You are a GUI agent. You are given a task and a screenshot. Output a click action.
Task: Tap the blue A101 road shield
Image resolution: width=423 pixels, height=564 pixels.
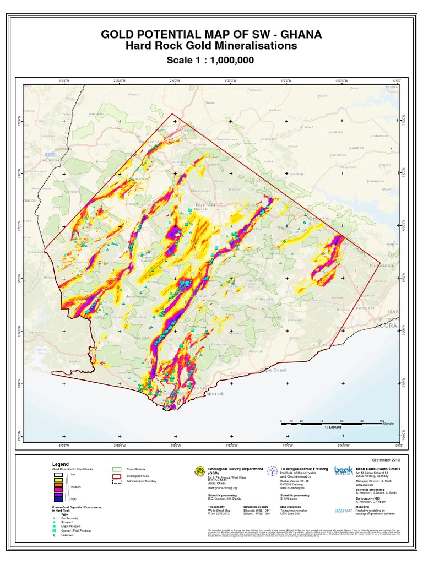click(x=51, y=156)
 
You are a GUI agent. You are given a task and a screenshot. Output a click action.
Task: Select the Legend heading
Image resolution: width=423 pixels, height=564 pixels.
click(x=61, y=464)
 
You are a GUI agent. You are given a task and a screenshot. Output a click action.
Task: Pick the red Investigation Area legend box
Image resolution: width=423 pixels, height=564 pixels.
click(x=116, y=475)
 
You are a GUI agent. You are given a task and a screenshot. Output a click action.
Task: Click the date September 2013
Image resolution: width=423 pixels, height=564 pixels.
click(x=384, y=459)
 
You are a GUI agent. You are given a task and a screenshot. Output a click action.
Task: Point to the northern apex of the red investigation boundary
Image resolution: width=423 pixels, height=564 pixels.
click(x=172, y=114)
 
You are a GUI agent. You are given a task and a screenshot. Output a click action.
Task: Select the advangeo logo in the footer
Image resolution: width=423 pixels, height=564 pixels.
click(x=343, y=511)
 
